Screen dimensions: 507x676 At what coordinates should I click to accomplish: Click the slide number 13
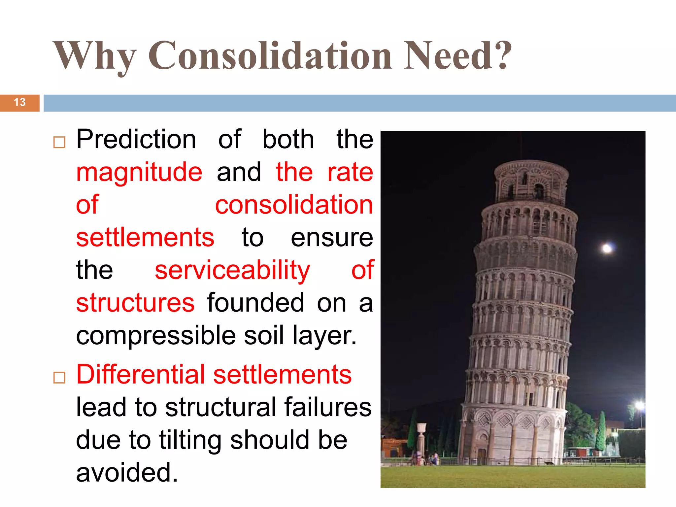tap(20, 102)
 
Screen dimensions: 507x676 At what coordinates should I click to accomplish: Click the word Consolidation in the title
tap(270, 55)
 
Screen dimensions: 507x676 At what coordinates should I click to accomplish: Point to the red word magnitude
tap(139, 172)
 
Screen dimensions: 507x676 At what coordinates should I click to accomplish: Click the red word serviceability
tap(232, 270)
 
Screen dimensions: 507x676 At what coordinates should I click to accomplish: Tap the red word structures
tap(135, 303)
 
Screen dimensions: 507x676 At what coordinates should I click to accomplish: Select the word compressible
tap(156, 336)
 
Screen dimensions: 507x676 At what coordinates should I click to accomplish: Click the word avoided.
tap(127, 473)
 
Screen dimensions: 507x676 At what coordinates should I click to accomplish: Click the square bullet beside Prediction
tap(59, 142)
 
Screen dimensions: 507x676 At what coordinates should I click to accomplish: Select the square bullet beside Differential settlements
tap(59, 377)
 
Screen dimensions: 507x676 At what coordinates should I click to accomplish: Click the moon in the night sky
tap(607, 249)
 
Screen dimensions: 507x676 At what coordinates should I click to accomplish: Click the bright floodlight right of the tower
tap(640, 405)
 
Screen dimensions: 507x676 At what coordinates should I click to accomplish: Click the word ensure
tap(332, 238)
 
